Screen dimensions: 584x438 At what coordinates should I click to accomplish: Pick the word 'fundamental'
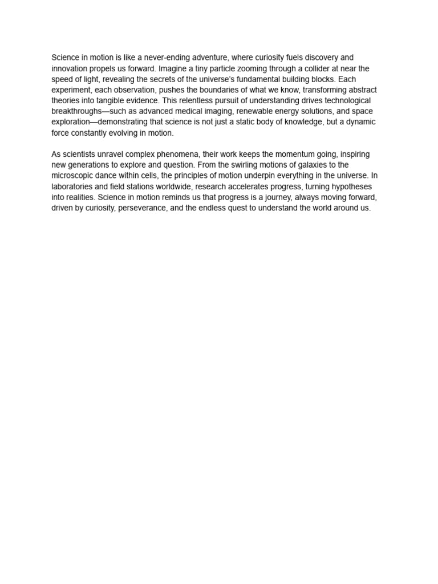click(x=271, y=79)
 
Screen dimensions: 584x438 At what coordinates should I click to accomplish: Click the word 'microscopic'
click(x=72, y=176)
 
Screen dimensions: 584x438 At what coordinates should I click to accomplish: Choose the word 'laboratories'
click(x=72, y=187)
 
